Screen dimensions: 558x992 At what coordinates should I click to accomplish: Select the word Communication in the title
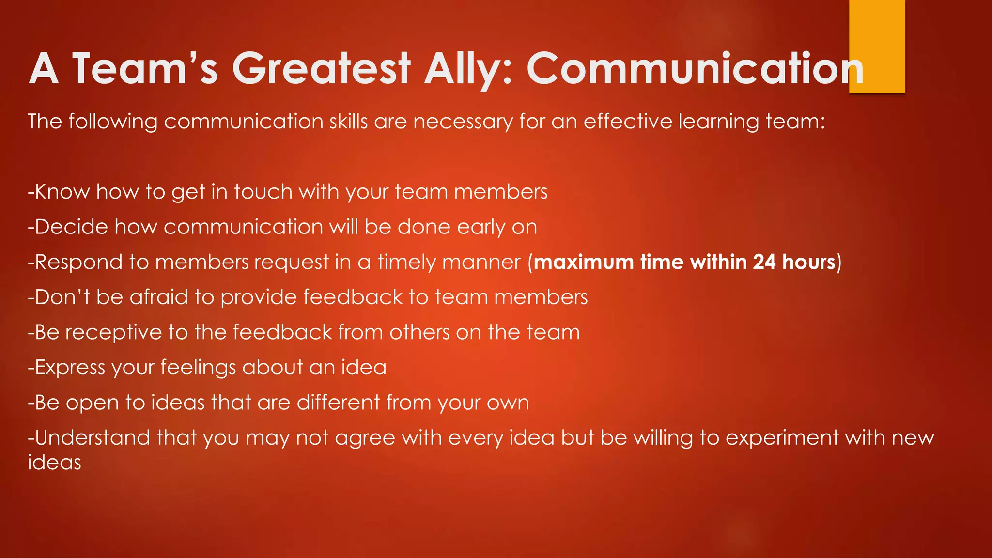[x=695, y=68]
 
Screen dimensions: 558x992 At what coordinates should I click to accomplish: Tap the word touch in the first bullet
[x=263, y=192]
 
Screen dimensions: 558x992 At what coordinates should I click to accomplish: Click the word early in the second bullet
[x=481, y=227]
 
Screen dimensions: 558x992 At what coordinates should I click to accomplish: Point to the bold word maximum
[x=584, y=262]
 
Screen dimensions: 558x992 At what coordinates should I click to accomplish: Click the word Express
[x=70, y=368]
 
